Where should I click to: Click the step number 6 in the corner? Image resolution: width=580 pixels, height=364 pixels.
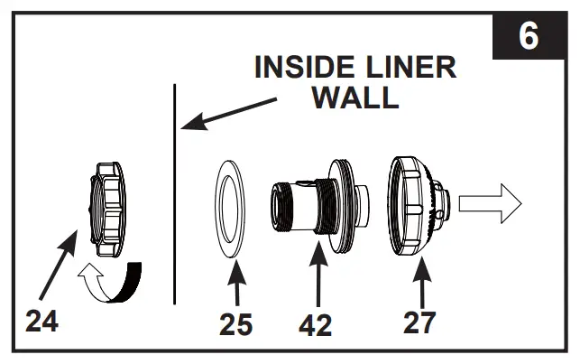pos(529,37)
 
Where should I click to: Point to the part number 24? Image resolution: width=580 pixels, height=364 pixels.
pos(41,321)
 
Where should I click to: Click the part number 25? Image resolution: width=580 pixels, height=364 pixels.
pos(236,324)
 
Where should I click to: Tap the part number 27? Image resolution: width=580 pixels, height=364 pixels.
pos(419,322)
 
